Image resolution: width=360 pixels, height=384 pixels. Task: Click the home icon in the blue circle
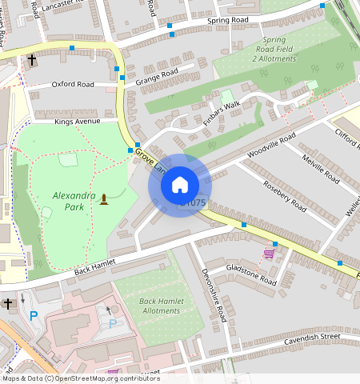coord(180,185)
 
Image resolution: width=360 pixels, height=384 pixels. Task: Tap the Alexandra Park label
coord(73,202)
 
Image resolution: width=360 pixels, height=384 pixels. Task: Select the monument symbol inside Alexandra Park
coord(103,198)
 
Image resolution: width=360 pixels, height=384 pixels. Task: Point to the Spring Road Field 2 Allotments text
coord(274,49)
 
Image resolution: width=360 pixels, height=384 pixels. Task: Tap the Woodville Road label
coord(271,146)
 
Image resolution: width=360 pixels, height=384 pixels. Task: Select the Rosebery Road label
coord(285,193)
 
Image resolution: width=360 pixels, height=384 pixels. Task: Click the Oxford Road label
coord(73,84)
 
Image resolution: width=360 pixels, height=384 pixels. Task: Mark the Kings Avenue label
coord(77,122)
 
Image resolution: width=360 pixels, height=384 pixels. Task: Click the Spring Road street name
coord(230,21)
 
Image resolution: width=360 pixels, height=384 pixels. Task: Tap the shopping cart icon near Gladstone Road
coord(269,254)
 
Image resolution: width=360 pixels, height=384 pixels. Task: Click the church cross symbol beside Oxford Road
coord(32,60)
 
